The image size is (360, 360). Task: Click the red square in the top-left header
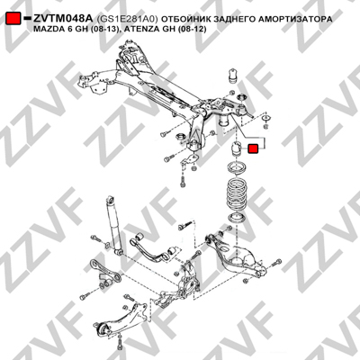coord(13,19)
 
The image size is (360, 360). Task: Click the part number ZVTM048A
coord(63,19)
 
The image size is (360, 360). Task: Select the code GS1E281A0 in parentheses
coord(127,19)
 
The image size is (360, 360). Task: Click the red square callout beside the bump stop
coord(253,148)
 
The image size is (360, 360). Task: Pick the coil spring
coord(237,193)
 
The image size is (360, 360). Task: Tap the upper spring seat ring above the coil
coord(237,167)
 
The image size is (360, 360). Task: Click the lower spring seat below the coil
coord(237,218)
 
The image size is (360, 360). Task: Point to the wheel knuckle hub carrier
coord(186,281)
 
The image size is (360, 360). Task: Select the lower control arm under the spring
coord(236,256)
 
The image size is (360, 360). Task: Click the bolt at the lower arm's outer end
coord(275,263)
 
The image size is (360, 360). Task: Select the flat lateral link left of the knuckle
coord(104,273)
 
